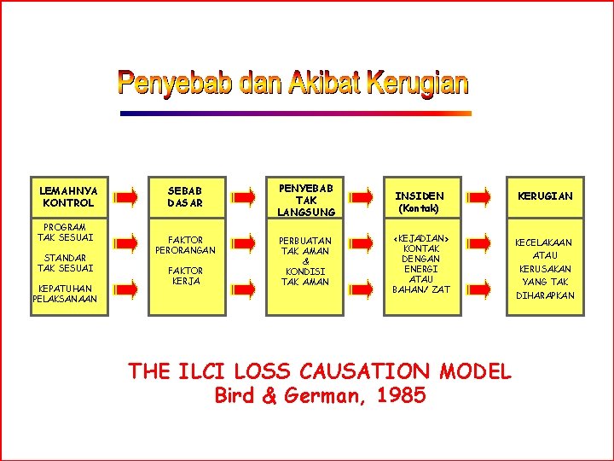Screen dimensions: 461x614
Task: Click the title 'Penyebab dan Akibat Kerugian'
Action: point(293,83)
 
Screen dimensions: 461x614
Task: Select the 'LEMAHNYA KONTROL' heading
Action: point(68,196)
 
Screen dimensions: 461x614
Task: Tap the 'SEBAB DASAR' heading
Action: point(185,196)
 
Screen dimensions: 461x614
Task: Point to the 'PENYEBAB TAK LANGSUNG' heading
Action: point(305,198)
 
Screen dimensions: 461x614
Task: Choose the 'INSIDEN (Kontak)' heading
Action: point(419,201)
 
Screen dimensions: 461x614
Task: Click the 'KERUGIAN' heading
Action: point(545,196)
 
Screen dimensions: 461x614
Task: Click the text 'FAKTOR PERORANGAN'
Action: point(185,245)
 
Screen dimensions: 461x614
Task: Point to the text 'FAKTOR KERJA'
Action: point(185,276)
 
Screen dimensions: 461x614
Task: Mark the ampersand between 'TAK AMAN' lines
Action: point(305,261)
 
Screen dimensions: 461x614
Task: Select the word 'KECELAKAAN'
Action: point(545,242)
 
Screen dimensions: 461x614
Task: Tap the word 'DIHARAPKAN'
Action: point(545,295)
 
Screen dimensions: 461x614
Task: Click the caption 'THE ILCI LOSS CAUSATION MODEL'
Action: point(320,371)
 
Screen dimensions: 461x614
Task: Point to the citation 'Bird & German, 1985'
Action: point(320,395)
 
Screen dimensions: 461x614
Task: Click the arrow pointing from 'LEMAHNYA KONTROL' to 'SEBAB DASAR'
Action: point(126,197)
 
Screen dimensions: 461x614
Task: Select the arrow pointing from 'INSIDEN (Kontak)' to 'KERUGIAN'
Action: point(479,197)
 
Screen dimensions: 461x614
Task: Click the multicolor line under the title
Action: point(295,113)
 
